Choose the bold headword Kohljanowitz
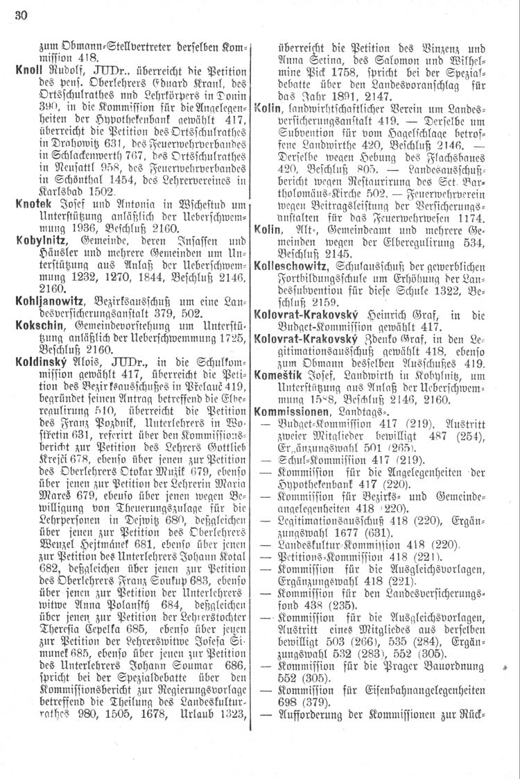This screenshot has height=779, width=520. tap(46, 301)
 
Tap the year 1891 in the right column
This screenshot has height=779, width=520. tap(337, 97)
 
